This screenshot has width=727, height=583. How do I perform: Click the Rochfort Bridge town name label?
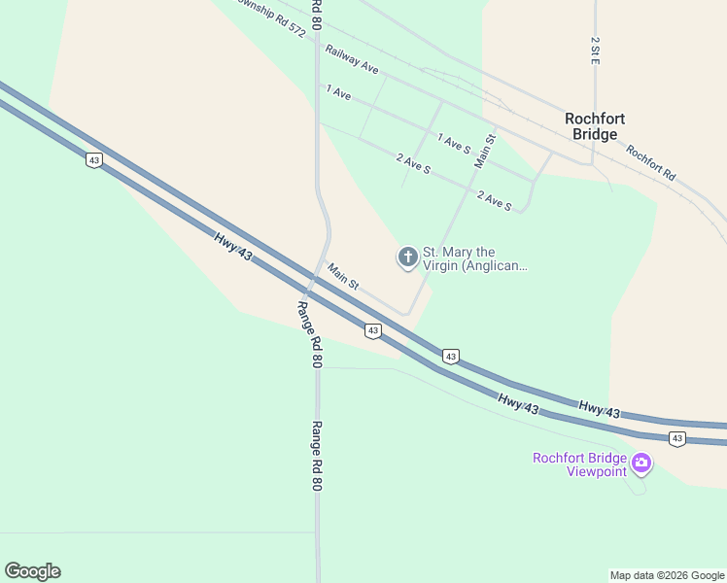click(594, 126)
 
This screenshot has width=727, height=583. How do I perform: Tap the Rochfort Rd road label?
click(650, 163)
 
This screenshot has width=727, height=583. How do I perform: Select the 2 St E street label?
click(594, 51)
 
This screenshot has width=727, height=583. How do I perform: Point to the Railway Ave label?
click(352, 59)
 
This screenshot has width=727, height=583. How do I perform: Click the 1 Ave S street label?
click(454, 144)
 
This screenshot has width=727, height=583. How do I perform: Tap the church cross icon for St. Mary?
click(407, 257)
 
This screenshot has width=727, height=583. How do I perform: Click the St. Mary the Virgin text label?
click(474, 258)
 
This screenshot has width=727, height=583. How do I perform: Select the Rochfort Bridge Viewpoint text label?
click(579, 464)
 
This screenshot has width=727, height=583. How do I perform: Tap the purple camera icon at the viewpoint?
click(640, 463)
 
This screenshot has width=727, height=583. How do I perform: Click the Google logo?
click(32, 571)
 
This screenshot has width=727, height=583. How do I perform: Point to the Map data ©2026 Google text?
click(667, 575)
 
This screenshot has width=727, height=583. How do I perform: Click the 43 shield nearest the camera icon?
click(677, 439)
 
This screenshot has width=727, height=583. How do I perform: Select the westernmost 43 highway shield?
click(93, 160)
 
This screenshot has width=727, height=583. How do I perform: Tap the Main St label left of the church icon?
click(343, 277)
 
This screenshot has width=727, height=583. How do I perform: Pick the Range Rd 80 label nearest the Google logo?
click(316, 455)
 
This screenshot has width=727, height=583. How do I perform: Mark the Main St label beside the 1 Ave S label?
click(485, 151)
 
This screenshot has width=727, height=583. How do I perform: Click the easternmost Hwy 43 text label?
click(599, 409)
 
